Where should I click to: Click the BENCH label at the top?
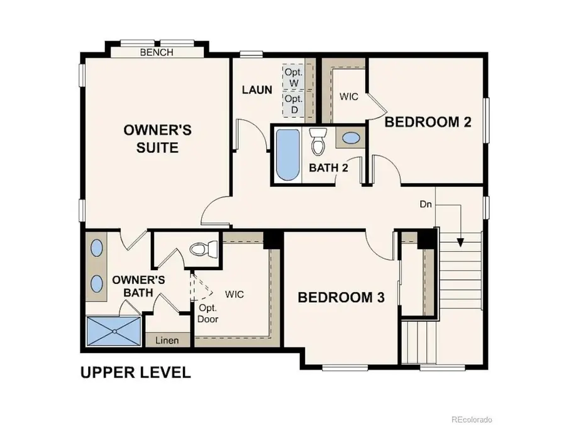click(x=157, y=53)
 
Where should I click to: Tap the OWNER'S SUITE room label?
click(x=157, y=139)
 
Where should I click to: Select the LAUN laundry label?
click(x=257, y=90)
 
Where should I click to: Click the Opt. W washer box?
click(x=294, y=77)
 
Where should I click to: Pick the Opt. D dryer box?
click(x=294, y=105)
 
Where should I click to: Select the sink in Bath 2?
click(x=350, y=137)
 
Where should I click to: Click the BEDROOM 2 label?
click(x=428, y=122)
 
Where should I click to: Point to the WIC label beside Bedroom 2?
click(x=349, y=97)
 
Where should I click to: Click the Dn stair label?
click(x=426, y=205)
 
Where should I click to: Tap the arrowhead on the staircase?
click(x=461, y=242)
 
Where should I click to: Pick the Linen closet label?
click(x=167, y=341)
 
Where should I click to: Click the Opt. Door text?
click(x=208, y=313)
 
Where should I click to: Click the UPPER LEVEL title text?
click(x=135, y=372)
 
